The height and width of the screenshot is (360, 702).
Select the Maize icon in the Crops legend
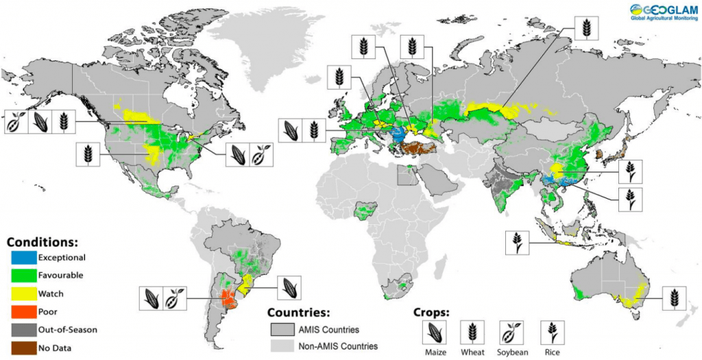pos(433,332)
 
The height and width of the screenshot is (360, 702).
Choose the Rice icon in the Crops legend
pos(552,332)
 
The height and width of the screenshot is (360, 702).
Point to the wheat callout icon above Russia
pos(586,27)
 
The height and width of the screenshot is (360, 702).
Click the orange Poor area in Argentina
pos(226,299)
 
